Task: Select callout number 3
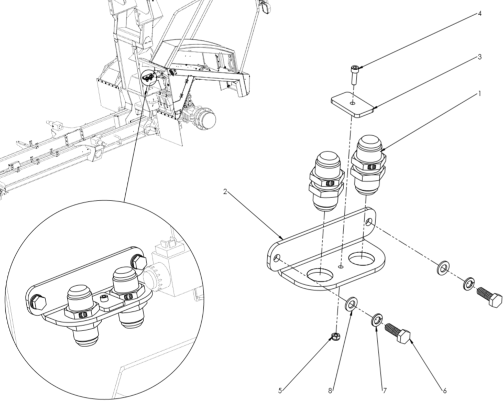tap(479, 57)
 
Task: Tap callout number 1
tap(479, 94)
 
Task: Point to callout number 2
tap(225, 192)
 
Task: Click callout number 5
tap(280, 391)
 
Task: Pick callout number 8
tap(330, 391)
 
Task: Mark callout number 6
tap(444, 391)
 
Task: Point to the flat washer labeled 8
tap(351, 303)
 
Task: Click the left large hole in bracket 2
tap(320, 274)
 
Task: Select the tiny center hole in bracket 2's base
tap(341, 266)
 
